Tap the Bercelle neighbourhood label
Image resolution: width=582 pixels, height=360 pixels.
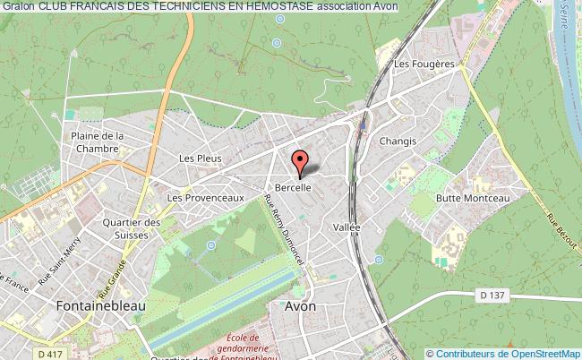click(293, 188)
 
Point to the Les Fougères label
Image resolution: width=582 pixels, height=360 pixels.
click(424, 64)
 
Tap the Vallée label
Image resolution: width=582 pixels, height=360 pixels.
click(347, 227)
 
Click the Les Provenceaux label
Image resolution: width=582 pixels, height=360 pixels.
click(206, 197)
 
